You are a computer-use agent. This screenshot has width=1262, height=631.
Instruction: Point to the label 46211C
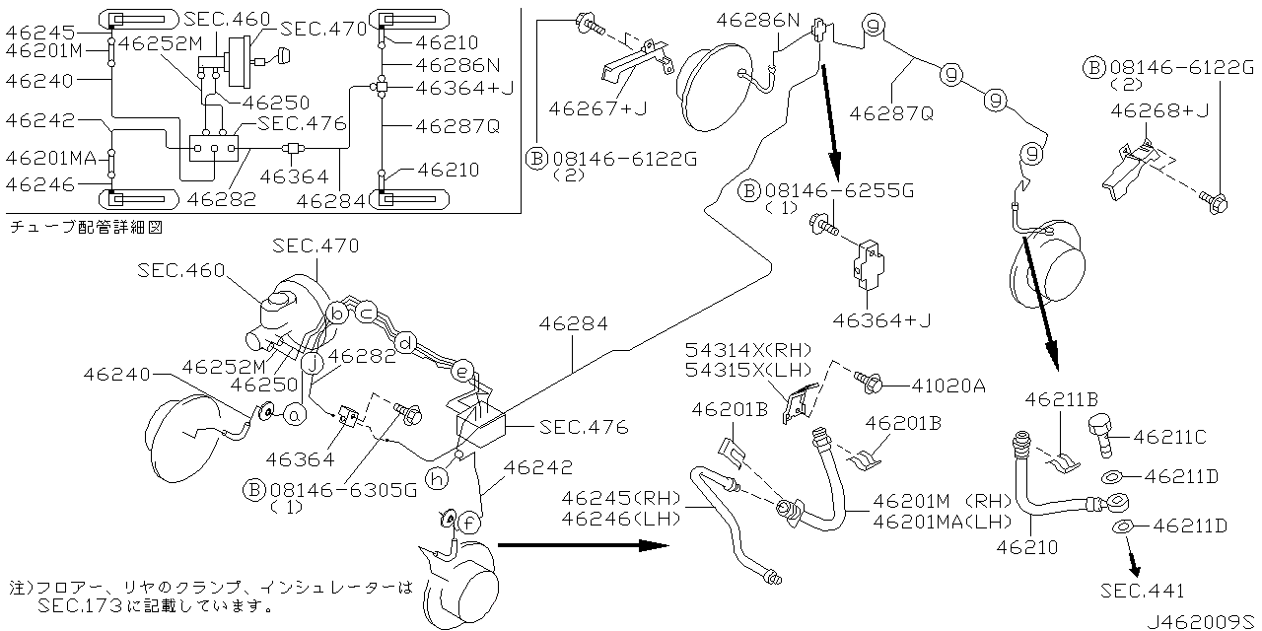click(x=1177, y=435)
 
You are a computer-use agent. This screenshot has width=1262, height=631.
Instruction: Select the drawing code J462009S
click(x=1202, y=621)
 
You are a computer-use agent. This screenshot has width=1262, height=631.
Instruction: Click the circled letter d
click(x=404, y=342)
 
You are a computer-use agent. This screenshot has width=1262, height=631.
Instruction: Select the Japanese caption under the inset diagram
click(x=85, y=227)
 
